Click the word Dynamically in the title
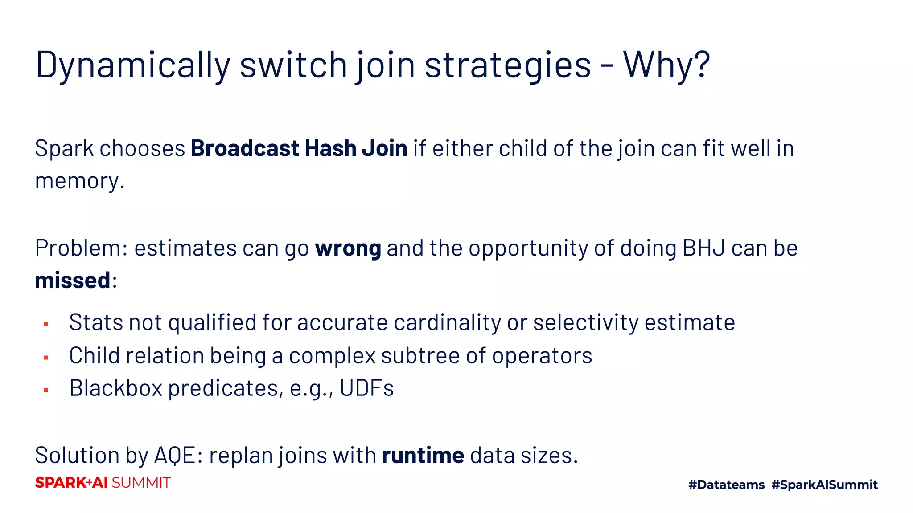coord(132,65)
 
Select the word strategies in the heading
coord(507,65)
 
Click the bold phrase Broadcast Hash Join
coord(299,148)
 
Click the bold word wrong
coord(348,248)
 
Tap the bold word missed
coord(72,281)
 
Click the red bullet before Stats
coord(46,325)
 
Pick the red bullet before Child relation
coord(46,358)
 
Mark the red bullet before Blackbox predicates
coord(46,390)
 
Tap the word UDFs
coord(366,388)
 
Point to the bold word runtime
coord(423,456)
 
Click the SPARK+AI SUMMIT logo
coord(103,483)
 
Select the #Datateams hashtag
coord(726,484)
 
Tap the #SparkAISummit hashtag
coord(824,484)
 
